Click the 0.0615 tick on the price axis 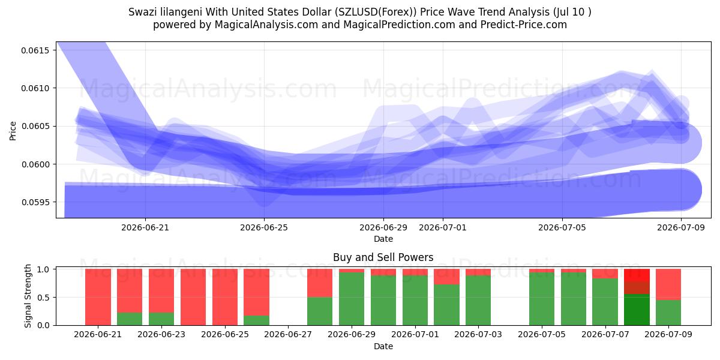tap(35, 50)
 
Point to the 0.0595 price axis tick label tap(35, 202)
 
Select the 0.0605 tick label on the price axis tap(35, 126)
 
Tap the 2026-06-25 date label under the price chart tap(264, 227)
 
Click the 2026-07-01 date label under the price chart tap(443, 227)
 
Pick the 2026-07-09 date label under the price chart tap(681, 227)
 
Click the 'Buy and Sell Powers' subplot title tap(383, 257)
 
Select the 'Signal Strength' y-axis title tap(28, 296)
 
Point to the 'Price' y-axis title tap(13, 131)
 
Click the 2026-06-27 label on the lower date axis tap(288, 335)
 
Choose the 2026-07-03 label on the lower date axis tap(478, 335)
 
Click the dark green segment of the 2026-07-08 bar tap(637, 310)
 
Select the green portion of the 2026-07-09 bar tap(668, 313)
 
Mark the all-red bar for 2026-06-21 tap(98, 297)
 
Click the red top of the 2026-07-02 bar tap(446, 277)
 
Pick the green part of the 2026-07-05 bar tap(542, 299)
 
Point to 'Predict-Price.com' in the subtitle tap(524, 25)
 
